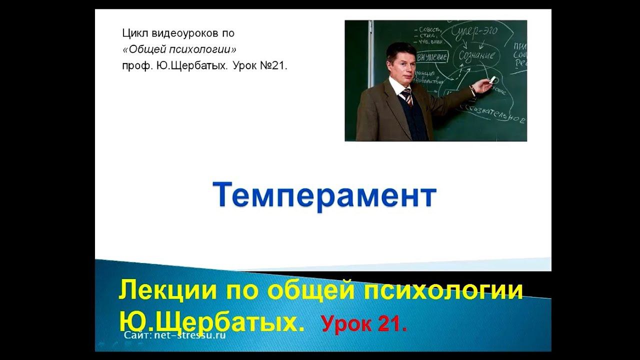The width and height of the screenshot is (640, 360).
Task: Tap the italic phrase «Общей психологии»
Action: pyautogui.click(x=179, y=49)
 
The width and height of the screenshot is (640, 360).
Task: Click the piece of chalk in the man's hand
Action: pyautogui.click(x=493, y=79)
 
